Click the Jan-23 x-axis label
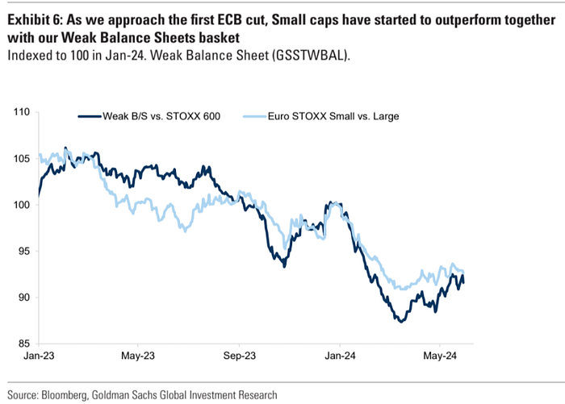38,356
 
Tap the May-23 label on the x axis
137,356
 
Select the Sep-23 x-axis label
239,356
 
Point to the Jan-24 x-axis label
339,356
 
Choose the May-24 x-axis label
439,356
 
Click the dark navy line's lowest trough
400,321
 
